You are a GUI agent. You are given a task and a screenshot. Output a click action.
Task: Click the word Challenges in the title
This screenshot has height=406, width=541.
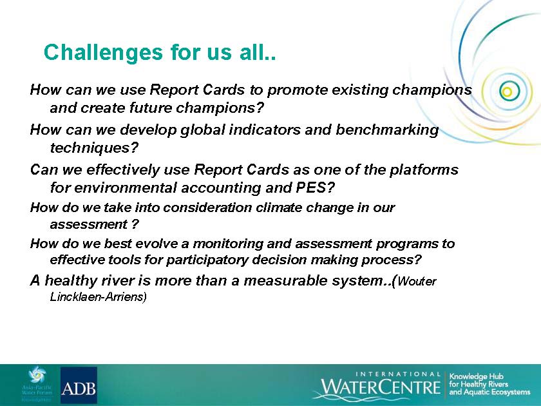pyautogui.click(x=103, y=53)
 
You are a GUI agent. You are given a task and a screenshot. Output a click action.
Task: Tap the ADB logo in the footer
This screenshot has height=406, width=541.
pyautogui.click(x=79, y=385)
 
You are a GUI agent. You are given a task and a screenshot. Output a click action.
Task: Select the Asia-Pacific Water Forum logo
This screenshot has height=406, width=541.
pyautogui.click(x=37, y=384)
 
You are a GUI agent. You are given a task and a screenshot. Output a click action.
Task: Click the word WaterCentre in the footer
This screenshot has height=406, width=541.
pyautogui.click(x=381, y=387)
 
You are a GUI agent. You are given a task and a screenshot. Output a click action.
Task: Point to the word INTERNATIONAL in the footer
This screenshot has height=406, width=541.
pyautogui.click(x=398, y=374)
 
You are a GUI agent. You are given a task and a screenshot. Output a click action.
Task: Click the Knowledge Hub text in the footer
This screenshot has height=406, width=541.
pyautogui.click(x=477, y=376)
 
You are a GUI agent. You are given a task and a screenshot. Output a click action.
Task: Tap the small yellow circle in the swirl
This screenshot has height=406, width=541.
pyautogui.click(x=506, y=92)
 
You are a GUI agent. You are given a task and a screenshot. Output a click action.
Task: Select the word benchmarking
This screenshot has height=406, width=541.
pyautogui.click(x=387, y=130)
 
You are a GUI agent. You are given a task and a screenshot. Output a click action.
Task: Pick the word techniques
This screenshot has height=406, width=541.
pyautogui.click(x=90, y=148)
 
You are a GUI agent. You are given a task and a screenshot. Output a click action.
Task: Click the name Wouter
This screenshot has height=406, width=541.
pyautogui.click(x=417, y=282)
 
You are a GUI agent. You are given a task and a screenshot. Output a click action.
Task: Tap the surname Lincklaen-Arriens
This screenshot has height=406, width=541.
pyautogui.click(x=99, y=297)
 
